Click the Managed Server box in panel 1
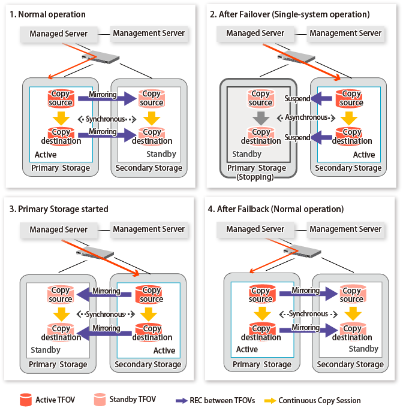click(58, 34)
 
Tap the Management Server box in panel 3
click(148, 229)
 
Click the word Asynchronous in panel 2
click(306, 118)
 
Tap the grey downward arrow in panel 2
click(260, 117)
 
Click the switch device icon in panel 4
click(300, 252)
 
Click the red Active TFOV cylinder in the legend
click(25, 399)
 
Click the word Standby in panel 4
click(363, 348)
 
